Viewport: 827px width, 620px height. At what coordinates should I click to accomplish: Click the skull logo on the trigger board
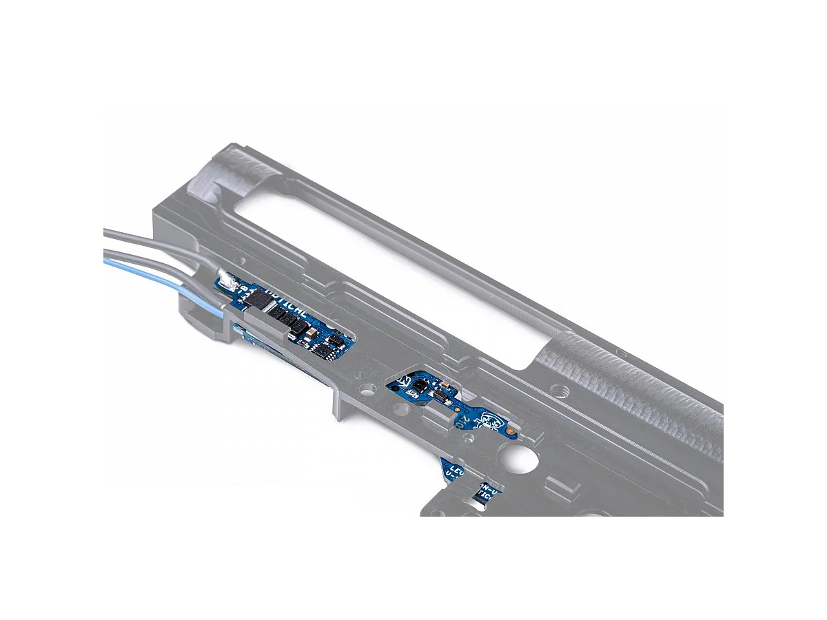(x=490, y=420)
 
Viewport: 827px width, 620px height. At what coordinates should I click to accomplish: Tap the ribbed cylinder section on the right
(x=641, y=386)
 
